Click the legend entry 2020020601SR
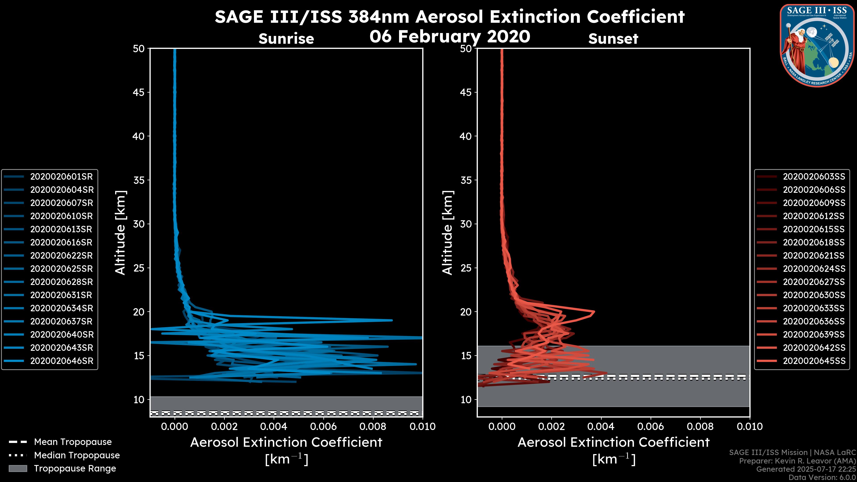(61, 177)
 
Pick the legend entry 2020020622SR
(61, 256)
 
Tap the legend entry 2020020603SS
(814, 177)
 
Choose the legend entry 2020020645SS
(814, 361)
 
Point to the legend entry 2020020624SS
(814, 269)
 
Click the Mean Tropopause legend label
(73, 442)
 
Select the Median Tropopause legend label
(77, 455)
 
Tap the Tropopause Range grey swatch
(18, 468)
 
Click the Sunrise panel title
(286, 39)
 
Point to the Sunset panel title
(613, 39)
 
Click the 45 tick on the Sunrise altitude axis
(139, 92)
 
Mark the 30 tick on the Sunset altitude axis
(466, 224)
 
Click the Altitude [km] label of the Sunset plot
(447, 233)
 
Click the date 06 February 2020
(449, 36)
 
